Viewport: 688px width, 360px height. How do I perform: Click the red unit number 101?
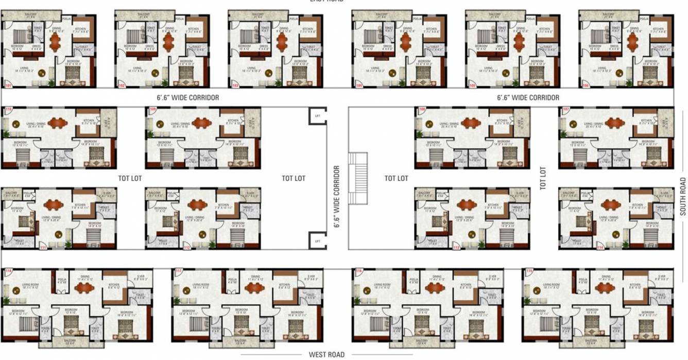coord(8,84)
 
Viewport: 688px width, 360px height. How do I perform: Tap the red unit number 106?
coord(585,84)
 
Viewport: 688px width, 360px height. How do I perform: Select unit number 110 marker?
coord(8,110)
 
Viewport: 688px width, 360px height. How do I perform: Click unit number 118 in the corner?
coord(8,271)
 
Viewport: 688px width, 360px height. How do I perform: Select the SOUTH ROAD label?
coord(683,197)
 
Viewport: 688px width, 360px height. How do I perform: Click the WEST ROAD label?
coord(326,355)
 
